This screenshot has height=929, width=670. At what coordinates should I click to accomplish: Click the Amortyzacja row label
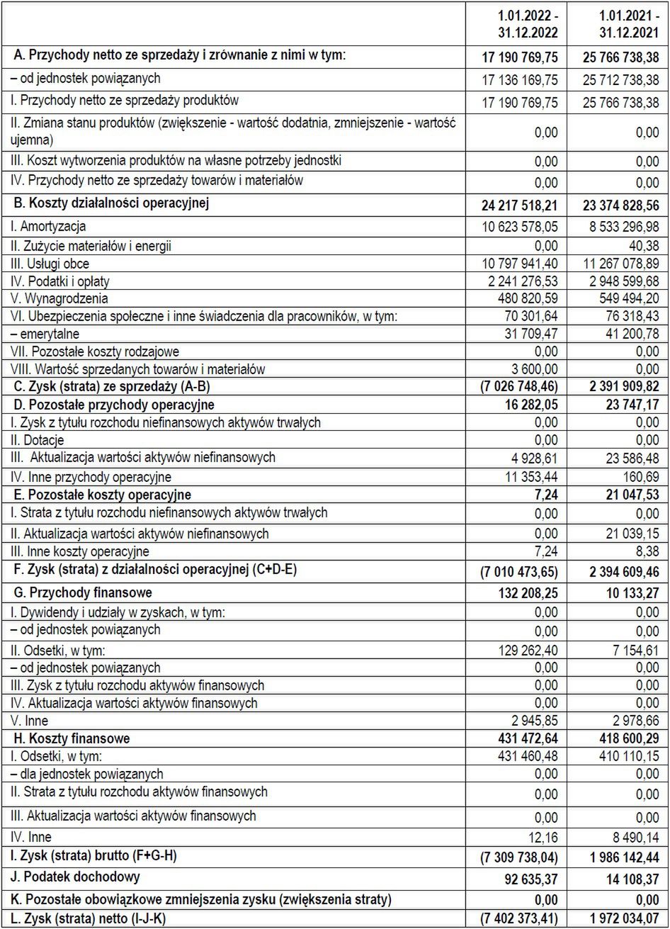48,227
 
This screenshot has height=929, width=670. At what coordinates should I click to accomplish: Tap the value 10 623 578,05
520,227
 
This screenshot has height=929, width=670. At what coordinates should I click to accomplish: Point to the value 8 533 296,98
621,227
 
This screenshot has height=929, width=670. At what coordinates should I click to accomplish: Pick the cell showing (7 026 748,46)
520,387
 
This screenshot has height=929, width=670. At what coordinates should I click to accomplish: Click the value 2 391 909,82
621,387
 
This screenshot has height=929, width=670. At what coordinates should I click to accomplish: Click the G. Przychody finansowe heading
84,592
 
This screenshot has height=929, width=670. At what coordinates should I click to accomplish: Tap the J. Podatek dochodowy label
76,877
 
